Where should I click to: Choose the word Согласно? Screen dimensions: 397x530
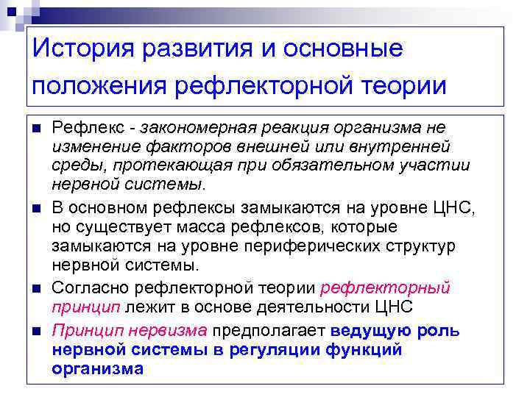pyautogui.click(x=84, y=287)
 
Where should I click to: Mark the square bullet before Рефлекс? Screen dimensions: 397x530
pyautogui.click(x=36, y=129)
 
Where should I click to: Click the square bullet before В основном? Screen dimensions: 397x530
pyautogui.click(x=36, y=210)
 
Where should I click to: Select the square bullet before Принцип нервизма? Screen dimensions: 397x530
pyautogui.click(x=36, y=332)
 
